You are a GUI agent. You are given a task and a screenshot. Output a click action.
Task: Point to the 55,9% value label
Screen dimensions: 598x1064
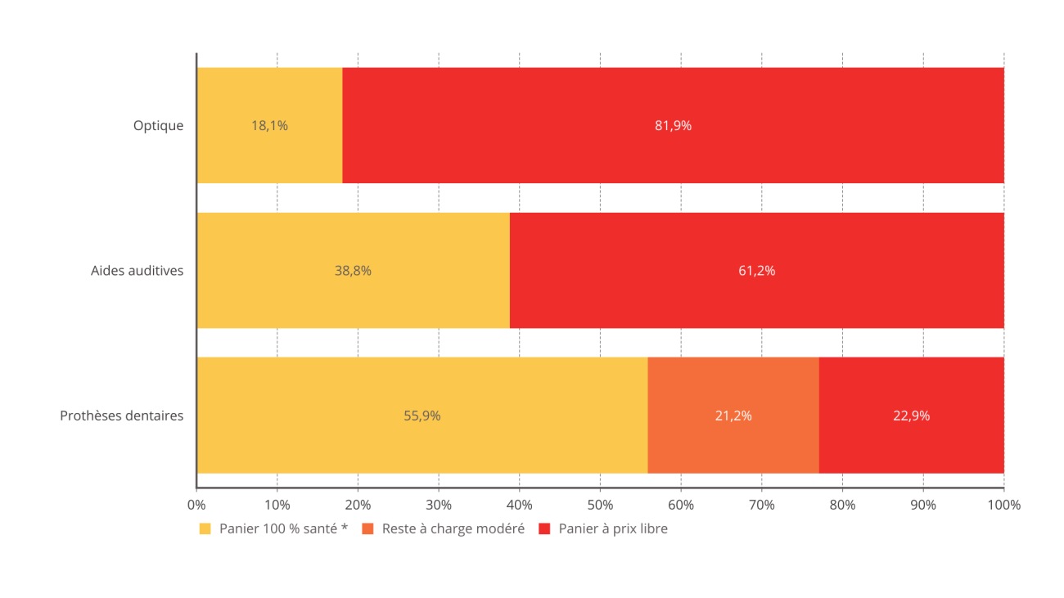pyautogui.click(x=422, y=416)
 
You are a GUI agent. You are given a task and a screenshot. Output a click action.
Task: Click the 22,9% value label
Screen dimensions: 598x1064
pyautogui.click(x=911, y=416)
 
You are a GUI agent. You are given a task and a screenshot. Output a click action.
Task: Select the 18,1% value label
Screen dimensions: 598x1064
pyautogui.click(x=269, y=126)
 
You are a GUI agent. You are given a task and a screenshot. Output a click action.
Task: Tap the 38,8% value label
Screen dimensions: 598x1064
pyautogui.click(x=353, y=271)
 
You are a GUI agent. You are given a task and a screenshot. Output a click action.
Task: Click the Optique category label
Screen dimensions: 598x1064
pyautogui.click(x=159, y=126)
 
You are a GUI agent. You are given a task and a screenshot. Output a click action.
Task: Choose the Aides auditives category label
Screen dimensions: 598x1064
pyautogui.click(x=138, y=271)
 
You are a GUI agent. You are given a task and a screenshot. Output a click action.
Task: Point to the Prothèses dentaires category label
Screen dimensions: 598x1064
pyautogui.click(x=122, y=416)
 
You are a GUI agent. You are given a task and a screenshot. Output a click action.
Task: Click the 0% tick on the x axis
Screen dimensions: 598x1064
pyautogui.click(x=196, y=505)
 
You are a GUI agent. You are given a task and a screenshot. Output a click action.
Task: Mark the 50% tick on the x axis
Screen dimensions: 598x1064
pyautogui.click(x=600, y=505)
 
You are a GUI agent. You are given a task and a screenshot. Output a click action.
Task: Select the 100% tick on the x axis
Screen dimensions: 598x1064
pyautogui.click(x=1003, y=505)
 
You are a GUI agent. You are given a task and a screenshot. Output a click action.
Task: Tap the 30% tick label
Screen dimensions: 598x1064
pyautogui.click(x=439, y=505)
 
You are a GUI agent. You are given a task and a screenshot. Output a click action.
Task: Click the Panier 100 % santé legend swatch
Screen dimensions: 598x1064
pyautogui.click(x=205, y=529)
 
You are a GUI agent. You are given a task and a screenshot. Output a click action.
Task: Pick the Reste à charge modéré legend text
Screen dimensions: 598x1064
pyautogui.click(x=453, y=529)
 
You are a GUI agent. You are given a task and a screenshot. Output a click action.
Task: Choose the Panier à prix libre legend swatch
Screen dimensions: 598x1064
pyautogui.click(x=544, y=529)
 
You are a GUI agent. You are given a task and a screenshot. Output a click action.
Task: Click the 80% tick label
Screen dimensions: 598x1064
pyautogui.click(x=842, y=505)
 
